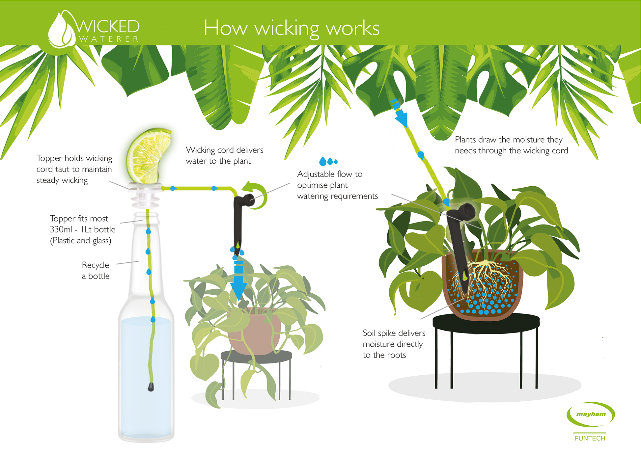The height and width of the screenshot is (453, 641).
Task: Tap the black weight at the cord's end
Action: point(151,386)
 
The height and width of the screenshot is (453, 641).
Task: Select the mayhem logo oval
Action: point(591,414)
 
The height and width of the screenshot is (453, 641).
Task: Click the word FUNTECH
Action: point(590,438)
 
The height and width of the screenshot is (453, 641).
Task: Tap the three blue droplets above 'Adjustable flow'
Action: point(328,161)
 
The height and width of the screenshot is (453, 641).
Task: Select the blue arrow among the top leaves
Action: point(400,113)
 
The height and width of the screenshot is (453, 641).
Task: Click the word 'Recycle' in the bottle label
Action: point(96,265)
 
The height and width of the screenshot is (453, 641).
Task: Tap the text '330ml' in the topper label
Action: point(61,229)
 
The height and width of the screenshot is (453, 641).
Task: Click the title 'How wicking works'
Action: point(292,28)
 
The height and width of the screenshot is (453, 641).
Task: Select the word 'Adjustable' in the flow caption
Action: point(316,174)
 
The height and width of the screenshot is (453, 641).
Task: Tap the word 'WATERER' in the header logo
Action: point(109,39)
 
